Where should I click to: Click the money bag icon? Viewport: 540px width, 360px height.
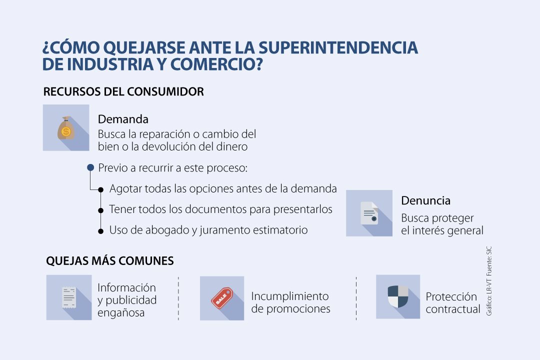(66, 128)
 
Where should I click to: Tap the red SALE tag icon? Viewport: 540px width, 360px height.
(222, 298)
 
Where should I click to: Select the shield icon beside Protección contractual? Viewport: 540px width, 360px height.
(398, 296)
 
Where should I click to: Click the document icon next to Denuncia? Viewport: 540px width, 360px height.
(369, 213)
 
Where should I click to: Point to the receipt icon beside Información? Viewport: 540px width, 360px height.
(69, 297)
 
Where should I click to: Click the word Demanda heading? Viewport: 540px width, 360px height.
(123, 119)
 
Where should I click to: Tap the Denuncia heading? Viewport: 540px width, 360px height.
(425, 200)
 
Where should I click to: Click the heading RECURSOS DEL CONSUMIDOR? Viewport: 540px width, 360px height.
(123, 91)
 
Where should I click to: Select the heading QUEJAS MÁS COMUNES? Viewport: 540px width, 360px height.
(110, 261)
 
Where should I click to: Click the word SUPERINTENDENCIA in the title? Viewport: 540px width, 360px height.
(338, 47)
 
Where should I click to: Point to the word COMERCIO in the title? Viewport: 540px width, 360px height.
(216, 64)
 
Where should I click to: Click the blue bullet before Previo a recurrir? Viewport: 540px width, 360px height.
(90, 167)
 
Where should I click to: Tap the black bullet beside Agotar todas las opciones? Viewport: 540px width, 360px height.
(100, 189)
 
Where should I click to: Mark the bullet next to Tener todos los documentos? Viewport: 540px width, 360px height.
(100, 210)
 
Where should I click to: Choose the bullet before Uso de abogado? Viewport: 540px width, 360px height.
(100, 231)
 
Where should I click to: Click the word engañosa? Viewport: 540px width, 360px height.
(121, 313)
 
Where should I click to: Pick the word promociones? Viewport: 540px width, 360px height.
(298, 308)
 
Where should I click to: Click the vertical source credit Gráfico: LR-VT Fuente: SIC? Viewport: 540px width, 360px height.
(489, 281)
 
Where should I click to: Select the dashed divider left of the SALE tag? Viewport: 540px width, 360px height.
(178, 298)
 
